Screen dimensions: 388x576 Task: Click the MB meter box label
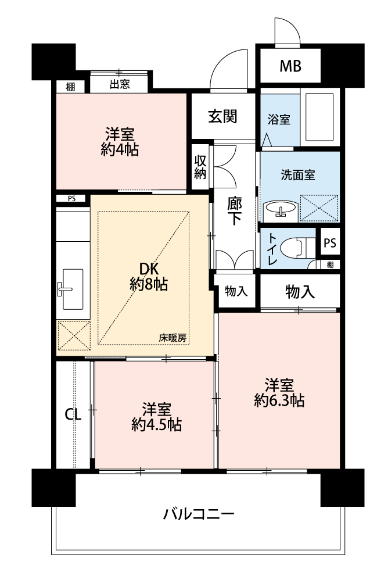[290, 66]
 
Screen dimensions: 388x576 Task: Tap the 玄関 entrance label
[223, 116]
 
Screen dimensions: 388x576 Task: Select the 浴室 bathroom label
[279, 119]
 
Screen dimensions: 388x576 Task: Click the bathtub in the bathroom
[319, 117]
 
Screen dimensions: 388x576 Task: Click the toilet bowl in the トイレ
[296, 248]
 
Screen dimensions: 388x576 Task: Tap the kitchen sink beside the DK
[73, 289]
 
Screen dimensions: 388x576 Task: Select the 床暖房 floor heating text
[172, 338]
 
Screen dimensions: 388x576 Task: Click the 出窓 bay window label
[120, 84]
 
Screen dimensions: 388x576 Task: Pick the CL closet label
[73, 415]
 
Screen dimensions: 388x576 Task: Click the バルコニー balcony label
[199, 514]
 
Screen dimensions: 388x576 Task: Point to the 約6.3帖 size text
[279, 400]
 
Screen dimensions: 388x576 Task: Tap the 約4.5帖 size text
[157, 425]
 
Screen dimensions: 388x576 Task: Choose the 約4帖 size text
[120, 149]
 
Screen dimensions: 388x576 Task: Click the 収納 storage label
[200, 167]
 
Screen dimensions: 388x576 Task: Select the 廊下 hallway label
[235, 211]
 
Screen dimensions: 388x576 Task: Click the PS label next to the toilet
[330, 243]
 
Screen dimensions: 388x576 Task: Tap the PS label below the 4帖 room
[71, 199]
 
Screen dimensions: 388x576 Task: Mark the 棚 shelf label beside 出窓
[70, 87]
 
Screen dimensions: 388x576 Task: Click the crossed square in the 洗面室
[319, 208]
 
